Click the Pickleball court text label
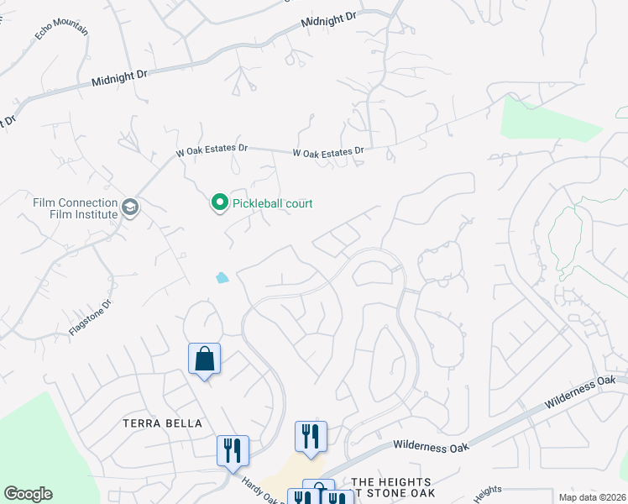pos(272,203)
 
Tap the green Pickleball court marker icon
pos(219,202)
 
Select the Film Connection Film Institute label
pos(75,208)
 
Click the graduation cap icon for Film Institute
pos(130,207)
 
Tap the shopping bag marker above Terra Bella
pos(204,360)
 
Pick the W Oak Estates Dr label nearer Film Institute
pos(212,150)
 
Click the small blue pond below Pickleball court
pos(222,277)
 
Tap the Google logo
pos(28,494)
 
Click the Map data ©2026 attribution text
pos(593,497)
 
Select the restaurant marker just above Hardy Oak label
pos(232,450)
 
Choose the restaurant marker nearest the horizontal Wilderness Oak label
pos(310,437)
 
